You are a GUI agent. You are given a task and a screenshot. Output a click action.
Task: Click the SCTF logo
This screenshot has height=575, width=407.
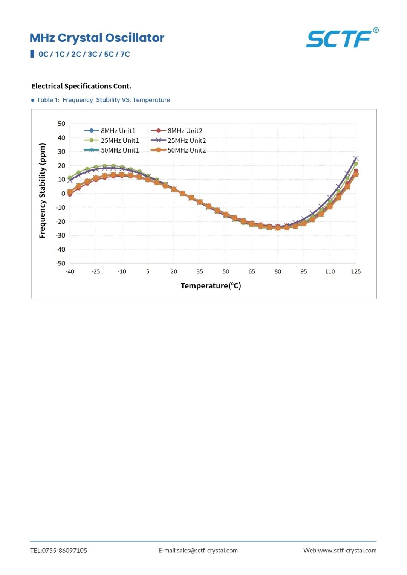342,38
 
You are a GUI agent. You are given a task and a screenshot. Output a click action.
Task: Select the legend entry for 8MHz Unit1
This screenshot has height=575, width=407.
110,131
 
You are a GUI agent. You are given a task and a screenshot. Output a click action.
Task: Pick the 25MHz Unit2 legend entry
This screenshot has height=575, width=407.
178,140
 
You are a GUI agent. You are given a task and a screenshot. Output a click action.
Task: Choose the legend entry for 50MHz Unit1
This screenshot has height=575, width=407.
112,150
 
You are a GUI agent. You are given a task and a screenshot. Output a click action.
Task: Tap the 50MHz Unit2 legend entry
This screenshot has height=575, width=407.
178,150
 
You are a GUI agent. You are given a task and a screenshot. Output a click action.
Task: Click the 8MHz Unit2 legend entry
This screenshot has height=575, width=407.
176,131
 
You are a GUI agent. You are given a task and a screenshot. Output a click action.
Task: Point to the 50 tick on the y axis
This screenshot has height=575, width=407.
61,124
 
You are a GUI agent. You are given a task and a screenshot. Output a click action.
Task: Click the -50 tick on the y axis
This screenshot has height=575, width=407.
60,263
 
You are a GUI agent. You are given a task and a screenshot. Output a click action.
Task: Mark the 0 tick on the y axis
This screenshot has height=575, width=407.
63,193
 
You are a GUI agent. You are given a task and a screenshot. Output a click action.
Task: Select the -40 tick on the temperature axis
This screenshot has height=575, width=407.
70,271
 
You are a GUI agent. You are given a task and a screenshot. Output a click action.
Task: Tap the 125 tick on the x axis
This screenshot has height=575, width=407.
356,271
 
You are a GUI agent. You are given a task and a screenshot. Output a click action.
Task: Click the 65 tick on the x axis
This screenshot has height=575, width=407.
252,271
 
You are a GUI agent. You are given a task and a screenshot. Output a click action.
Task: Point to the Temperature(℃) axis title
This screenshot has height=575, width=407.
211,286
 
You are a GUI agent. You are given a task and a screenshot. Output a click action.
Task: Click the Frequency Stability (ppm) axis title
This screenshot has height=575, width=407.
42,191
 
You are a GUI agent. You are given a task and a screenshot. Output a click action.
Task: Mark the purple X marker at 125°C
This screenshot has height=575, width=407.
356,159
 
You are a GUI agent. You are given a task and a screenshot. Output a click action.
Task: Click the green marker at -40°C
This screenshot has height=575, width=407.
70,178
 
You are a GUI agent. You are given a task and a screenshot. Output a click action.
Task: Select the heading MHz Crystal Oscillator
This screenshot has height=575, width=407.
97,38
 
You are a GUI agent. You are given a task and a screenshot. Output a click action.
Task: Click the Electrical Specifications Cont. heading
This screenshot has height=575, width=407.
81,86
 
